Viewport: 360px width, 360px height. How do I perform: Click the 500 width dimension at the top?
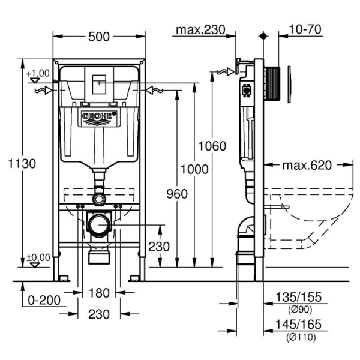tap(99, 37)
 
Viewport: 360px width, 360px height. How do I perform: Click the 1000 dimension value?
tap(195, 170)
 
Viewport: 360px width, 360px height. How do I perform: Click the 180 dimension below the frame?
tap(99, 293)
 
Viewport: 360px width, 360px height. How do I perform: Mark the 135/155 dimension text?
tap(298, 298)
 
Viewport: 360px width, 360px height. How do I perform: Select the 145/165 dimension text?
tap(298, 325)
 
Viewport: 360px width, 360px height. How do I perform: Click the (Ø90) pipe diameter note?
tap(298, 310)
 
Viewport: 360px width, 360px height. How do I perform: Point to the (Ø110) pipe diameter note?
tap(298, 336)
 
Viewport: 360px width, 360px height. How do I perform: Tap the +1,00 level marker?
tap(37, 73)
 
